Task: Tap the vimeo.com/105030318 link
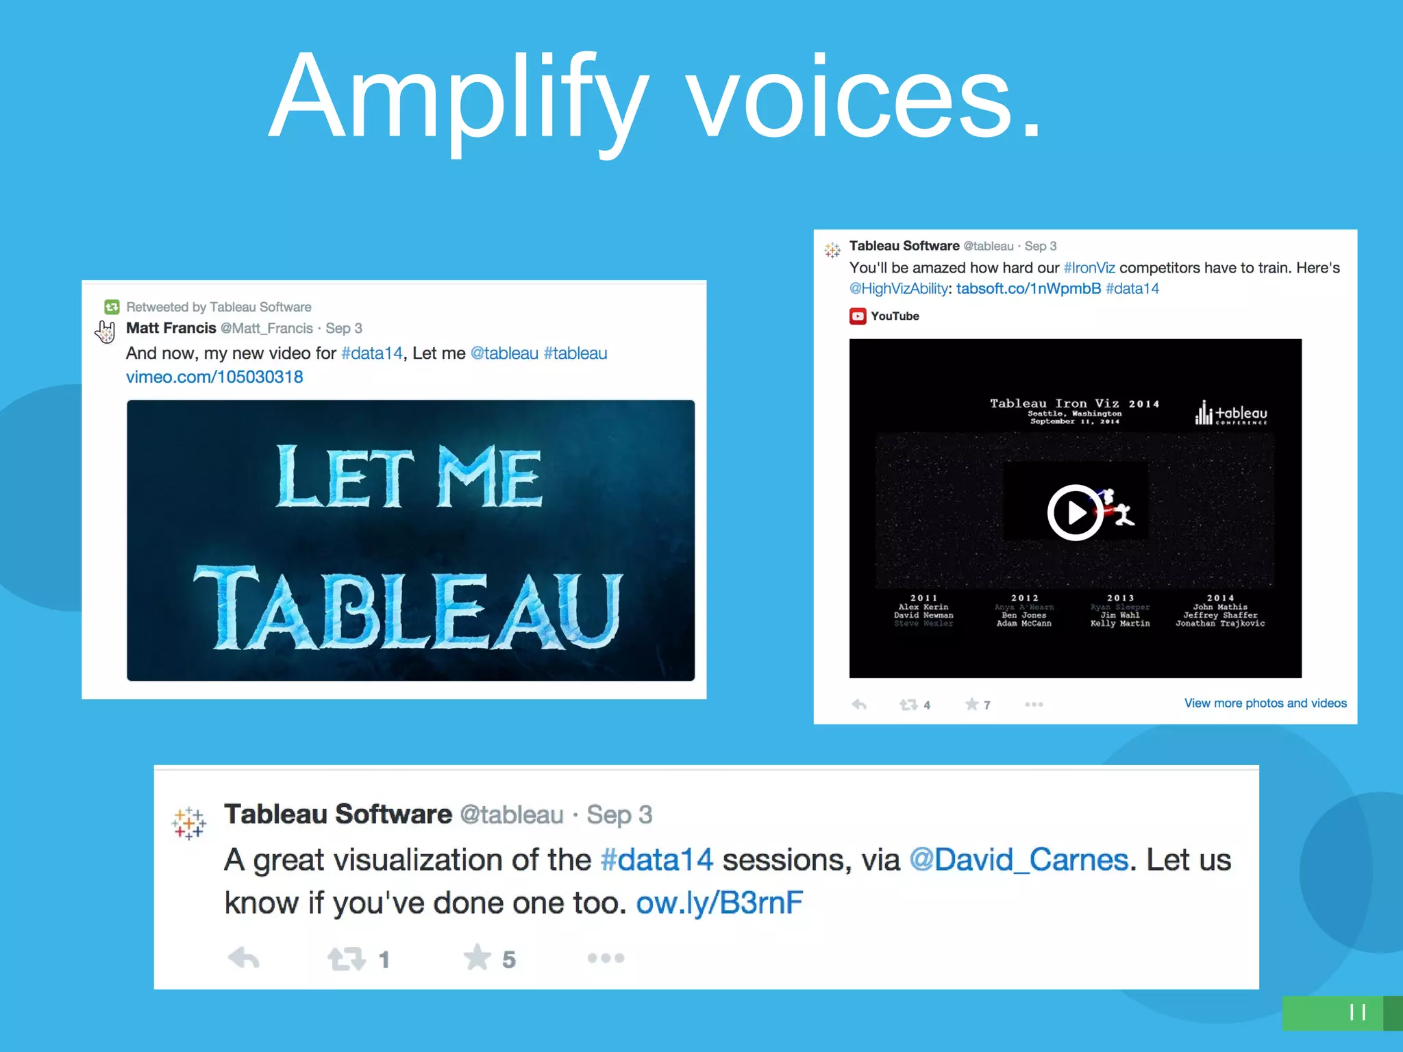tap(214, 377)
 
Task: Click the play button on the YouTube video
tap(1074, 512)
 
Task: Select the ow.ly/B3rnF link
tap(719, 903)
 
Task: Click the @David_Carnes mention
tap(1018, 860)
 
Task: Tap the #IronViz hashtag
tap(1089, 268)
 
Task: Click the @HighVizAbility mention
tap(898, 288)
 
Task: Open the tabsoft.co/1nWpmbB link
tap(1028, 288)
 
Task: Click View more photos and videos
tap(1265, 703)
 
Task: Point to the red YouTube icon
tap(857, 316)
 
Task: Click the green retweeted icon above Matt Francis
tap(112, 307)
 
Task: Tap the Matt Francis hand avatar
tap(105, 331)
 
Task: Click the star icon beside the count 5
tap(477, 957)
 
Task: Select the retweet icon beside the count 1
tap(347, 959)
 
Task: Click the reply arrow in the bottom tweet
tap(243, 957)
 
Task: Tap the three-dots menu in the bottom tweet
tap(606, 957)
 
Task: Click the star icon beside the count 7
tap(971, 704)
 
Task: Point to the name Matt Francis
tap(171, 328)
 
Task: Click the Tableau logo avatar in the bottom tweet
tap(189, 823)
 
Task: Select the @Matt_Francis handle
tap(266, 329)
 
